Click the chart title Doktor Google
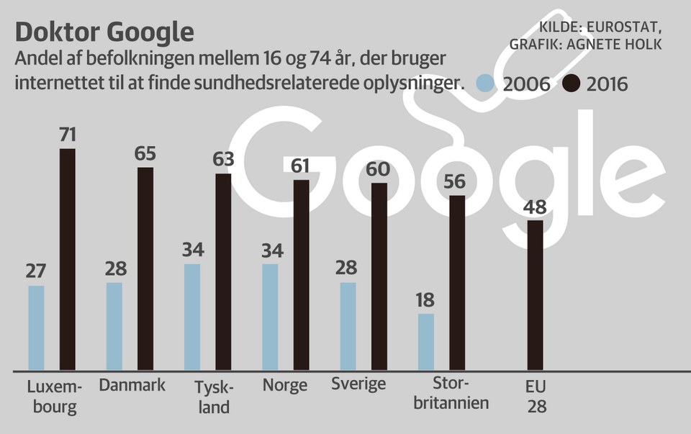pyautogui.click(x=104, y=32)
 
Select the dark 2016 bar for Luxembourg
pyautogui.click(x=67, y=259)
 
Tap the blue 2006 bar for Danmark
pyautogui.click(x=114, y=326)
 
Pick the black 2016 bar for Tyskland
pyautogui.click(x=223, y=272)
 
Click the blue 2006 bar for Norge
pyautogui.click(x=270, y=317)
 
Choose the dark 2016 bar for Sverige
pyautogui.click(x=379, y=277)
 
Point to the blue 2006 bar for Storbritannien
pyautogui.click(x=426, y=342)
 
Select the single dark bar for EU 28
pyautogui.click(x=535, y=295)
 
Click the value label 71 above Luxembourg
pyautogui.click(x=68, y=135)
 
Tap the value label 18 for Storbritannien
pyautogui.click(x=425, y=300)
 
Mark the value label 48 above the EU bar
pyautogui.click(x=535, y=207)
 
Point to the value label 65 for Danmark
pyautogui.click(x=145, y=154)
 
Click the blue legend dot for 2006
pyautogui.click(x=487, y=83)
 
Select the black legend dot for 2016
pyautogui.click(x=571, y=83)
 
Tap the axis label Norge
pyautogui.click(x=285, y=385)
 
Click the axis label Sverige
pyautogui.click(x=358, y=384)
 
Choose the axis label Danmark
pyautogui.click(x=132, y=385)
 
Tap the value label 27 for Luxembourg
pyautogui.click(x=36, y=272)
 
